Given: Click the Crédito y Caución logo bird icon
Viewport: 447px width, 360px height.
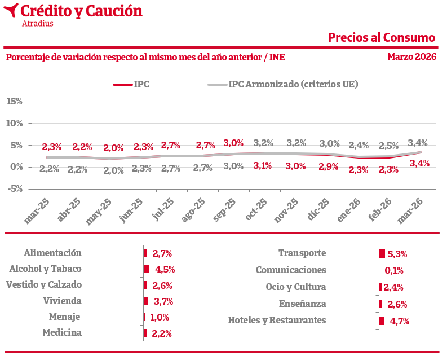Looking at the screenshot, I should pyautogui.click(x=10, y=10).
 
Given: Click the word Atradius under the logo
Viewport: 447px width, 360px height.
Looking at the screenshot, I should pyautogui.click(x=37, y=24).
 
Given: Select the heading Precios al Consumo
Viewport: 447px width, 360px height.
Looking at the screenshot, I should pyautogui.click(x=382, y=38).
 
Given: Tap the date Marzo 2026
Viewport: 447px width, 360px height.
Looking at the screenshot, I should pyautogui.click(x=411, y=57).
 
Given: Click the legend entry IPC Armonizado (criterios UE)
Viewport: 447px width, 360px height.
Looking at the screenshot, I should pyautogui.click(x=293, y=85).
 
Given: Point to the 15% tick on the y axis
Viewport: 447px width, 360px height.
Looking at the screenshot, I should pyautogui.click(x=14, y=102).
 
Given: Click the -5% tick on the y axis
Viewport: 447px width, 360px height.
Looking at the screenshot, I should pyautogui.click(x=14, y=188).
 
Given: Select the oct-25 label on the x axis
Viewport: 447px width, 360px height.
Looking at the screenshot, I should pyautogui.click(x=258, y=210).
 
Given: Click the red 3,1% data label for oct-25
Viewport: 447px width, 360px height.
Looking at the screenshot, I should pyautogui.click(x=262, y=166).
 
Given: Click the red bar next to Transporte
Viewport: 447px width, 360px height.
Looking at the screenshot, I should pyautogui.click(x=382, y=254).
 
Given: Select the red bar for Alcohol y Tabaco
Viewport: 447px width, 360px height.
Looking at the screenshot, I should pyautogui.click(x=146, y=269).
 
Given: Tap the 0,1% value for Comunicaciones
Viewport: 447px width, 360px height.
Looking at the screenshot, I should pyautogui.click(x=393, y=270).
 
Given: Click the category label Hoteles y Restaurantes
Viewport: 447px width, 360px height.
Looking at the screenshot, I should pyautogui.click(x=277, y=320).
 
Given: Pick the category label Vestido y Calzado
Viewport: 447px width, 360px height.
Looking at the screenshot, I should pyautogui.click(x=44, y=285).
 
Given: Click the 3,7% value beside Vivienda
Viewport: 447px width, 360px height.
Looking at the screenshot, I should pyautogui.click(x=162, y=301).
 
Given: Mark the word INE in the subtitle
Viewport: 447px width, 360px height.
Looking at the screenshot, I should pyautogui.click(x=277, y=57).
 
